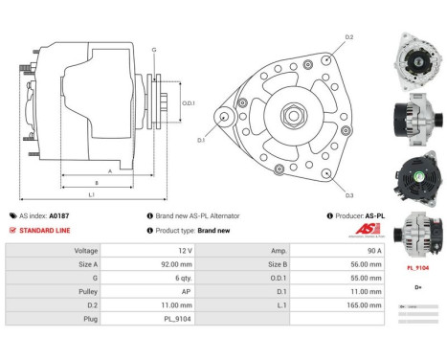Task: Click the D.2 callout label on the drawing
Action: pyautogui.click(x=349, y=37)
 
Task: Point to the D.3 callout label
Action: pyautogui.click(x=349, y=194)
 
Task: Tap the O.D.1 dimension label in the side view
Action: pyautogui.click(x=189, y=103)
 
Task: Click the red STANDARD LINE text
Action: pyautogui.click(x=41, y=230)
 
